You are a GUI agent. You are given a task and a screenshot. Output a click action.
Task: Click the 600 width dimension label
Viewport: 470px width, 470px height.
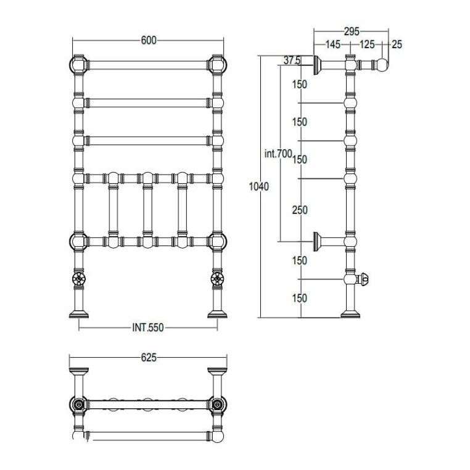point(148,41)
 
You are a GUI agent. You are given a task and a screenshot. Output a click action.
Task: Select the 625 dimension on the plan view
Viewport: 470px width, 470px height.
point(149,357)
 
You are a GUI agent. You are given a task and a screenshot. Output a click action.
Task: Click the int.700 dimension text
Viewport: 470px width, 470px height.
point(278,155)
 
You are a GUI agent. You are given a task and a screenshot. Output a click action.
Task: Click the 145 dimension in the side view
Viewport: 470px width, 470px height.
point(332,44)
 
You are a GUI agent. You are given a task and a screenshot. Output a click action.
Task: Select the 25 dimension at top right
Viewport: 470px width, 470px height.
point(397,44)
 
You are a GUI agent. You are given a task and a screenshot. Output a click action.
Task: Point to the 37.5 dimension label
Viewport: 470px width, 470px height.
point(292,60)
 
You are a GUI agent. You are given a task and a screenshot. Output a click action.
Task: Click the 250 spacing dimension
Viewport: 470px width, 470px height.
point(299,210)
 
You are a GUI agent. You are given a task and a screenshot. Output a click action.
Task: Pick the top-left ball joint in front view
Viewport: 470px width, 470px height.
point(78,64)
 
